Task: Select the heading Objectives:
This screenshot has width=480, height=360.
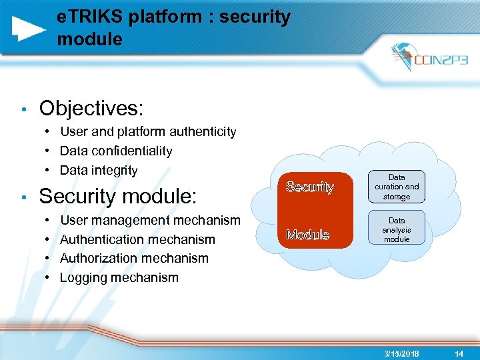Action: click(91, 107)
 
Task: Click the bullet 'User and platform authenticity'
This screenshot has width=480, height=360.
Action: click(148, 132)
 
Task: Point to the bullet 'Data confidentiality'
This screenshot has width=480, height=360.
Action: click(116, 151)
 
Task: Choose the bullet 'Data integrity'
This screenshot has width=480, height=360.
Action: click(99, 171)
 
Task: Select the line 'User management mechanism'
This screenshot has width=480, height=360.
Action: click(150, 220)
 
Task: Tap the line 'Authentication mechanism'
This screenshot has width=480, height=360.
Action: click(137, 239)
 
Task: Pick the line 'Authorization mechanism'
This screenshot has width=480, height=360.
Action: click(134, 258)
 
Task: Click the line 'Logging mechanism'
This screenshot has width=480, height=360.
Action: click(119, 277)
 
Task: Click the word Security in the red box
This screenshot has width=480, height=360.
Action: click(309, 187)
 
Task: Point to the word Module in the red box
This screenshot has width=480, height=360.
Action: click(307, 235)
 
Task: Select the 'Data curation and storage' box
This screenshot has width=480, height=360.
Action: click(397, 187)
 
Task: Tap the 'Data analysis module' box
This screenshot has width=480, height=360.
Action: click(397, 229)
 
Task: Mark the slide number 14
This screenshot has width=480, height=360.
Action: click(459, 353)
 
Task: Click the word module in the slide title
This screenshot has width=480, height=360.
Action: click(90, 39)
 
